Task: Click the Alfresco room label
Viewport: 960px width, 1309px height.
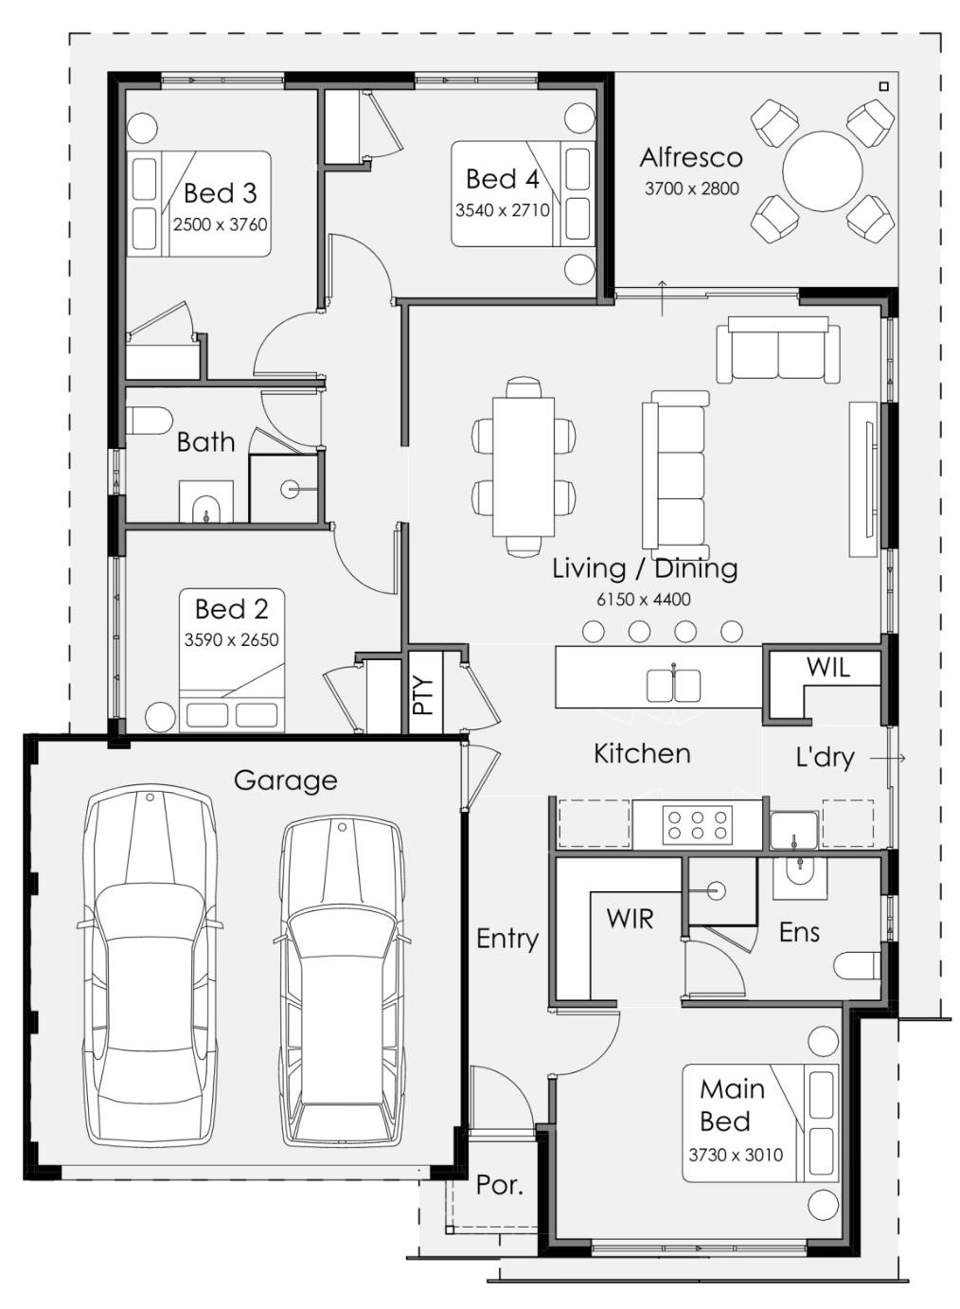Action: coord(691,158)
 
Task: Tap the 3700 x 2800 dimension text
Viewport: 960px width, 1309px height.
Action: coord(691,188)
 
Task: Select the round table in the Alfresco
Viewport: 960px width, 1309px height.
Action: coord(822,171)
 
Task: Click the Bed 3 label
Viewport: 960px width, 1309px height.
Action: coord(221,193)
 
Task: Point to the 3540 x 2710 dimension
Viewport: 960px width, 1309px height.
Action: coord(503,209)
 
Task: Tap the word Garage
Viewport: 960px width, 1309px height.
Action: coord(286,780)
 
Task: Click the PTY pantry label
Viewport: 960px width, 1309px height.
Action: coord(424,695)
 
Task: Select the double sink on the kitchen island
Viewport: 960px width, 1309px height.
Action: coord(673,685)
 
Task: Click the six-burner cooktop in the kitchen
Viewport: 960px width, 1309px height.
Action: coord(697,825)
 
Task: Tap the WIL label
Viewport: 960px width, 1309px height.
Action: coord(828,667)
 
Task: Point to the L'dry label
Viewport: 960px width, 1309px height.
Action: coord(825,758)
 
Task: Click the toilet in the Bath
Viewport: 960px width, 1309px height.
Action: coord(149,421)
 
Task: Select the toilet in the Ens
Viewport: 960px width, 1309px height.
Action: coord(857,967)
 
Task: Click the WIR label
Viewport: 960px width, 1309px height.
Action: coord(630,919)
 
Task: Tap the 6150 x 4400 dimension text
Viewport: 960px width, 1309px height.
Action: coord(644,599)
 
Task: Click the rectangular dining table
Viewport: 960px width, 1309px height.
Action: coord(524,466)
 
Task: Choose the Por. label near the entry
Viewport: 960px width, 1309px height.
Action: coord(499,1185)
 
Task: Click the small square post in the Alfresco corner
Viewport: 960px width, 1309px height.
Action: coord(883,86)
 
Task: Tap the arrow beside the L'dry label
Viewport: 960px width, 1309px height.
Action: coord(888,759)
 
